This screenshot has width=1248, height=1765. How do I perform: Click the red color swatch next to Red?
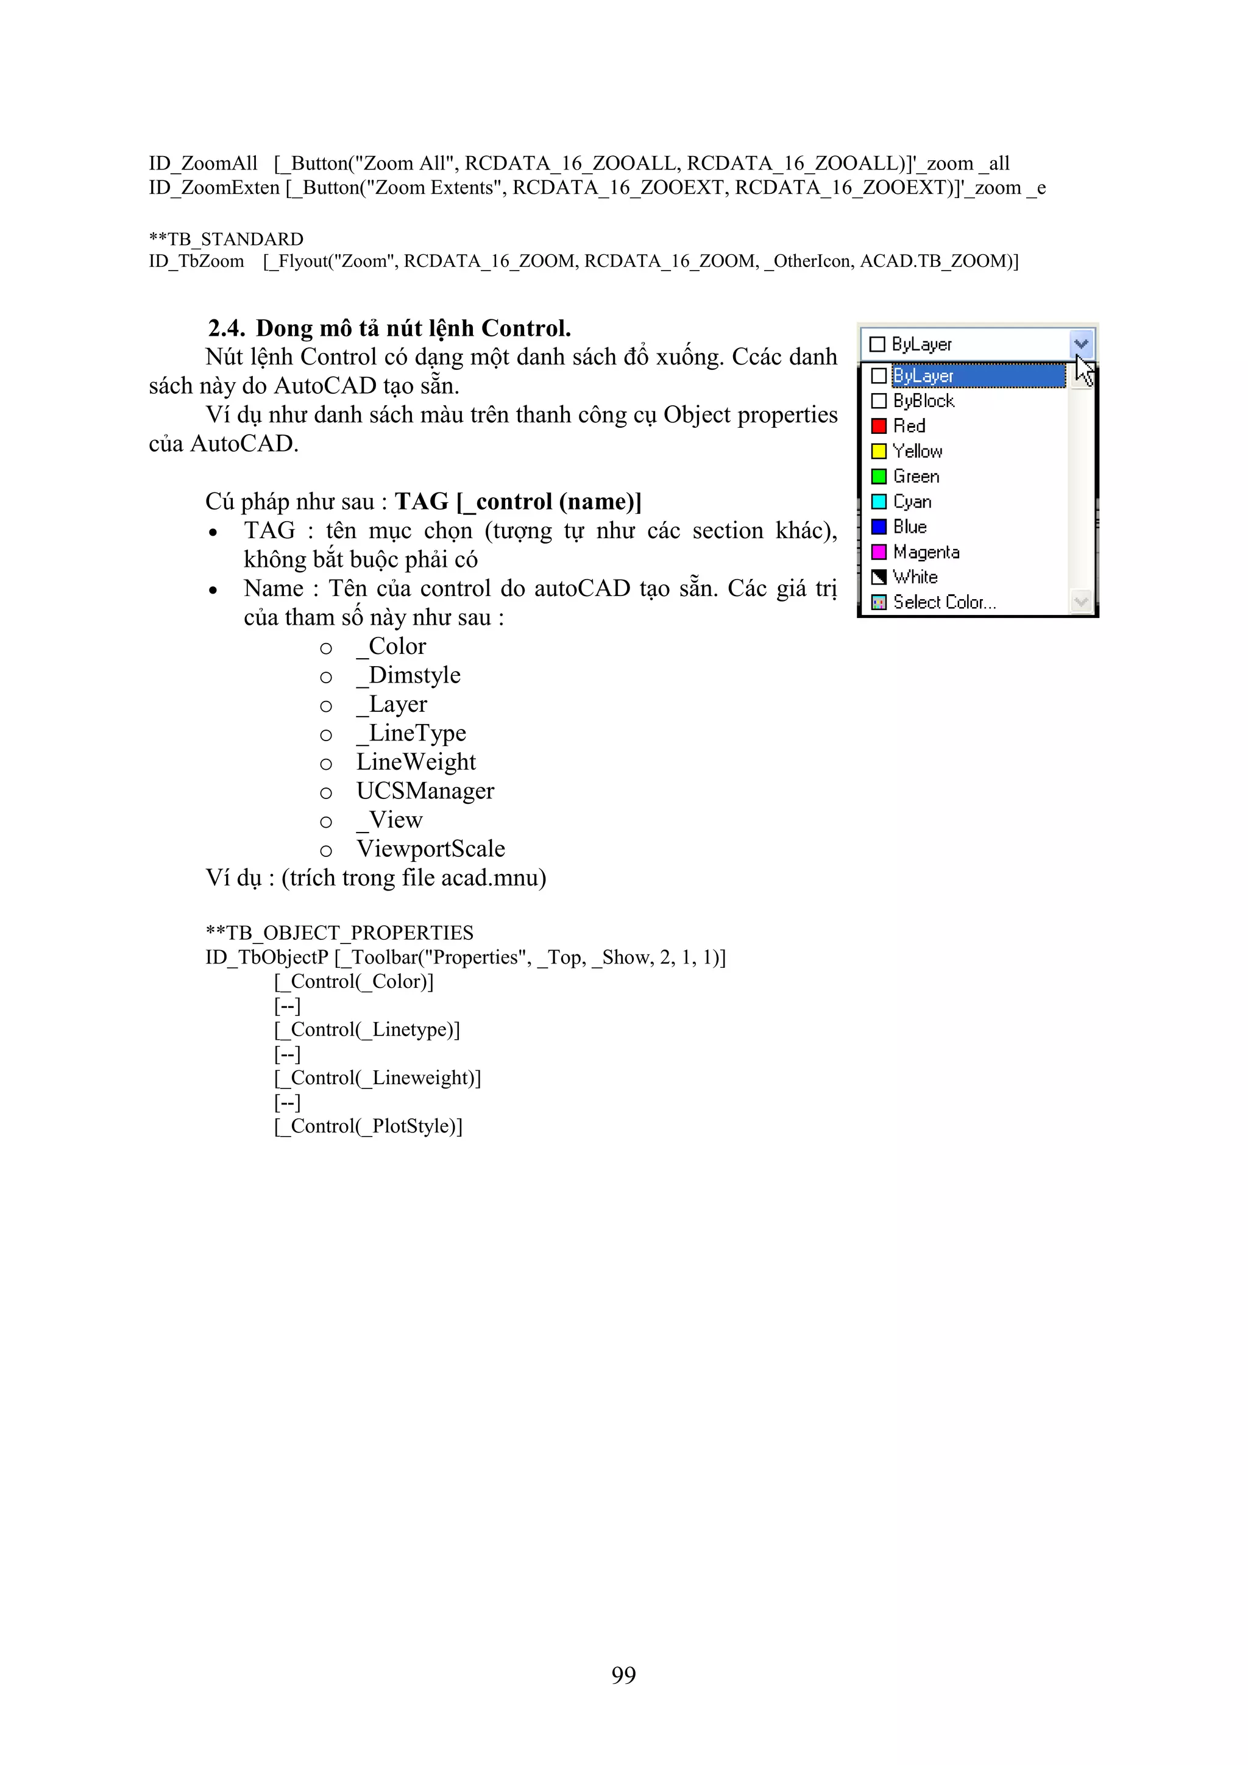pyautogui.click(x=878, y=426)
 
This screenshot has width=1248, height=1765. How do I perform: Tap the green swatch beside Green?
pyautogui.click(x=878, y=477)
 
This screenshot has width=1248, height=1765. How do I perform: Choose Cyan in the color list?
pyautogui.click(x=912, y=502)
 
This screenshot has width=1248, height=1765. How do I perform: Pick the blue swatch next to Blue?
pyautogui.click(x=878, y=527)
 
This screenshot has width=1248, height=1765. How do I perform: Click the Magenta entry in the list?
pyautogui.click(x=926, y=552)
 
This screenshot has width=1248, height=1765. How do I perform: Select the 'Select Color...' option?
pyautogui.click(x=944, y=602)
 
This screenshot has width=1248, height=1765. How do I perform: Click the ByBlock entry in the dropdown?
pyautogui.click(x=923, y=401)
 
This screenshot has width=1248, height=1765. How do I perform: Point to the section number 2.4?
pyautogui.click(x=226, y=328)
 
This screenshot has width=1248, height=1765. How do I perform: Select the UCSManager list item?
pyautogui.click(x=425, y=790)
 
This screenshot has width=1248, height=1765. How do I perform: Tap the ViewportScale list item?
pyautogui.click(x=430, y=849)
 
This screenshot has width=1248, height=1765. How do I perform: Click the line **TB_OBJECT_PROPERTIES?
pyautogui.click(x=339, y=932)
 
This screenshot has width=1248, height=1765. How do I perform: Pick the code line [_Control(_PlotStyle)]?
pyautogui.click(x=368, y=1126)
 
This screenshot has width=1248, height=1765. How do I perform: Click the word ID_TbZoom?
pyautogui.click(x=196, y=261)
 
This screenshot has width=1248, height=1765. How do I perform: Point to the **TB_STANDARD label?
pyautogui.click(x=226, y=239)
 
